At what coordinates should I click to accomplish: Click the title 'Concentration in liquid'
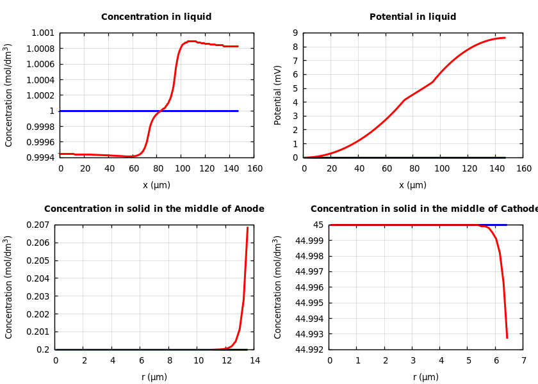156,17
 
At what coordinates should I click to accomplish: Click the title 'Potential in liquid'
412,17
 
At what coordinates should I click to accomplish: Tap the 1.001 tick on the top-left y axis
43,33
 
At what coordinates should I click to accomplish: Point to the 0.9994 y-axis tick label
40,157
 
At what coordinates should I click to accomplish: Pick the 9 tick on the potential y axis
295,33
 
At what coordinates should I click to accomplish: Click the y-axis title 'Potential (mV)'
278,95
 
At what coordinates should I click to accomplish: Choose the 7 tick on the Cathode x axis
523,361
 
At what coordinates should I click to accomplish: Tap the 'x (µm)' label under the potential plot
412,185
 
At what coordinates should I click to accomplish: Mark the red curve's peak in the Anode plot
247,227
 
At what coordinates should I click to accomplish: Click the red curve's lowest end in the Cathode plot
507,337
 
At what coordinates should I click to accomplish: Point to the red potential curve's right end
505,38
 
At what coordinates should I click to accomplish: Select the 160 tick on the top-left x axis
254,169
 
